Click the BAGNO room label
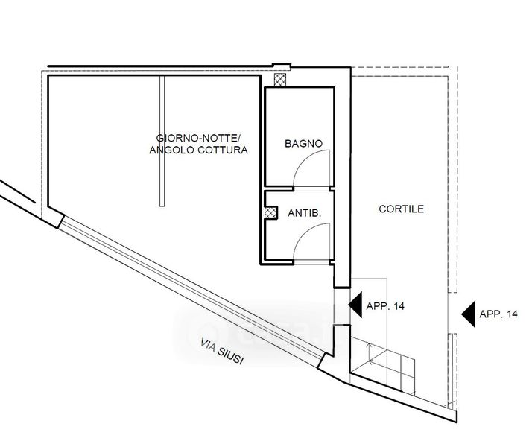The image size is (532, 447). [x=303, y=143]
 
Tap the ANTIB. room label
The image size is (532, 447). [x=304, y=213]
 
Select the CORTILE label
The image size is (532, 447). [x=401, y=210]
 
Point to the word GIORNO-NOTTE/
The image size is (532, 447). [x=198, y=139]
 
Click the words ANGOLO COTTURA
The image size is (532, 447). [x=198, y=150]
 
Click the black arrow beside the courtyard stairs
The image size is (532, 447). [x=355, y=305]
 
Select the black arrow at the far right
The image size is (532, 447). [x=469, y=314]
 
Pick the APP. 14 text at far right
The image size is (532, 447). [x=498, y=315]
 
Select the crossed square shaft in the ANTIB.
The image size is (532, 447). [x=270, y=212]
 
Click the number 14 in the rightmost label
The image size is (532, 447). [x=510, y=315]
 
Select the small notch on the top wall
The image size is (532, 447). [x=281, y=66]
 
